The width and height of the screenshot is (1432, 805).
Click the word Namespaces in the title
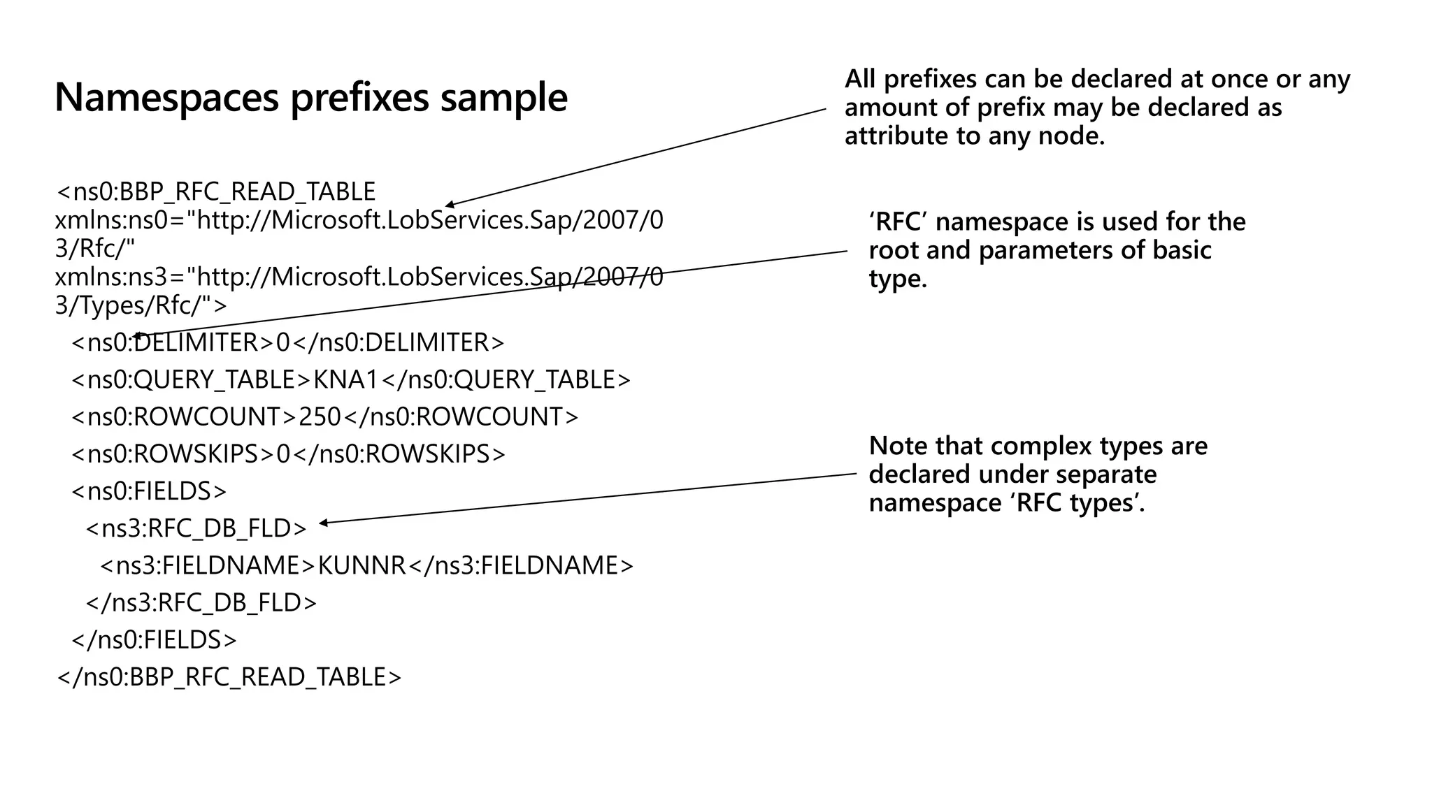point(166,97)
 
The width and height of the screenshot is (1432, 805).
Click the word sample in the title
point(503,97)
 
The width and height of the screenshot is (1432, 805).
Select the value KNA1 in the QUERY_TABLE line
point(345,379)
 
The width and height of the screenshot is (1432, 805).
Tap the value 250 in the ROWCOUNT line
point(319,416)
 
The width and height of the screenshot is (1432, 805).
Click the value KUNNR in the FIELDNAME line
point(361,565)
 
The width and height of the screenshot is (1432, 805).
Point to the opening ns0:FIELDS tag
point(149,491)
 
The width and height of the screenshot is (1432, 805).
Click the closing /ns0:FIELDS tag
point(154,639)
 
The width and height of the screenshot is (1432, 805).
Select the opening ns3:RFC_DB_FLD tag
point(196,528)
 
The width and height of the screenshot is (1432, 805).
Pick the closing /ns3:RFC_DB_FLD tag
point(201,602)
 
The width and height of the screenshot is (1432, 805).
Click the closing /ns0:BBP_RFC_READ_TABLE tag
point(229,676)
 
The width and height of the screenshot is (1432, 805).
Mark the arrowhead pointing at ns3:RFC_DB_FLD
point(322,522)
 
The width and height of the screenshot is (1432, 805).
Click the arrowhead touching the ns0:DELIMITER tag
point(138,336)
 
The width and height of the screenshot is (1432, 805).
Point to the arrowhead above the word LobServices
point(450,205)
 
